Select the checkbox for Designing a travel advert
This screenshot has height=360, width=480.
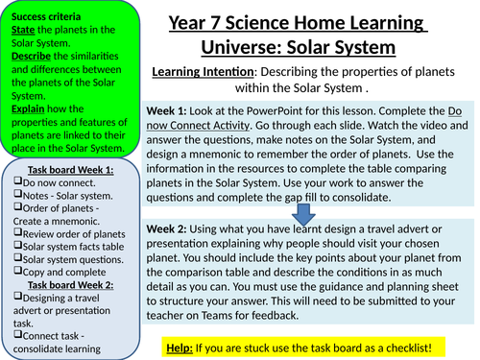(18, 301)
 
